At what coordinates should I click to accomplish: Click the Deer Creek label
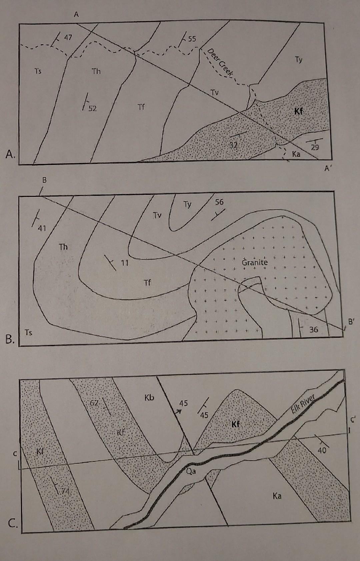tap(220, 63)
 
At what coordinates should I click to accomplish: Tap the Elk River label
tap(303, 404)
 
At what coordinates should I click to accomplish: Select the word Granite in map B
tap(255, 262)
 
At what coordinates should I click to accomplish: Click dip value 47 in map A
tap(68, 37)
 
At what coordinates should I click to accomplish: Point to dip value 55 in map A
tap(192, 39)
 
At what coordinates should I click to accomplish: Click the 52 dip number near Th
tap(92, 108)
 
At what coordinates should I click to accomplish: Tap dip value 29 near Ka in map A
tap(315, 147)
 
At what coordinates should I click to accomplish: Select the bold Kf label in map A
tap(298, 111)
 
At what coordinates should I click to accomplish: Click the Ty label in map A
tap(298, 60)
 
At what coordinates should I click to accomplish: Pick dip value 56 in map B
tap(219, 202)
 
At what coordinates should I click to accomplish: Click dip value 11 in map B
tap(124, 263)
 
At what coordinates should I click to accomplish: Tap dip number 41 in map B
tap(42, 228)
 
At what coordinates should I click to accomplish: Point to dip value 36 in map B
tap(314, 329)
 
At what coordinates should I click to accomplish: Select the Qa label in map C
tap(191, 471)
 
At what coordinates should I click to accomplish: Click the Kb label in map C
tap(149, 397)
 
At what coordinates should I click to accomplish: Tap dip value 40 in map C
tap(322, 450)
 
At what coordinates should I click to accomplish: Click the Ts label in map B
tap(29, 332)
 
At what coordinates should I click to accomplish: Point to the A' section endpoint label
tap(327, 169)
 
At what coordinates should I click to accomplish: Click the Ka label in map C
tap(277, 496)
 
